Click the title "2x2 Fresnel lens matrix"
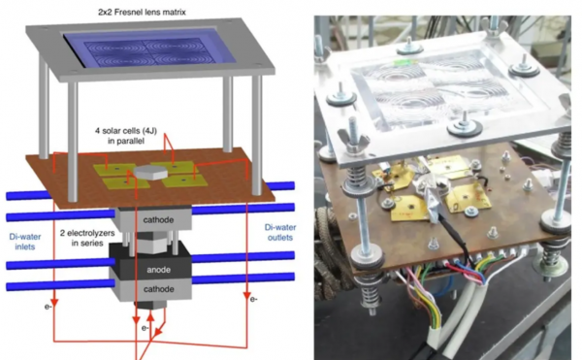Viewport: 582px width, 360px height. pyautogui.click(x=142, y=13)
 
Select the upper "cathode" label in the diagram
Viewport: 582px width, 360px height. pyautogui.click(x=158, y=220)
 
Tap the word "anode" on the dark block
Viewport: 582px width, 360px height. pyautogui.click(x=158, y=270)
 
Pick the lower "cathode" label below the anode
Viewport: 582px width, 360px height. pyautogui.click(x=158, y=289)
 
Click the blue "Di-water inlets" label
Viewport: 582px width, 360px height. pyautogui.click(x=25, y=242)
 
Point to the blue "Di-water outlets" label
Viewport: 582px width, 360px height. pyautogui.click(x=280, y=232)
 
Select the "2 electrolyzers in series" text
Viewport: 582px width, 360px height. pyautogui.click(x=87, y=238)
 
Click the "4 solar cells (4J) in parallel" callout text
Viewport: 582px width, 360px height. pyautogui.click(x=126, y=136)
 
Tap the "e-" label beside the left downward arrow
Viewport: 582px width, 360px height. pyautogui.click(x=48, y=307)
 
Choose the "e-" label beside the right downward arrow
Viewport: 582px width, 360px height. pyautogui.click(x=253, y=299)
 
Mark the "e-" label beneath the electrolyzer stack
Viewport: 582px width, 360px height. pyautogui.click(x=145, y=328)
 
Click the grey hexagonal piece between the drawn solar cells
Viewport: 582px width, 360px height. pyautogui.click(x=147, y=172)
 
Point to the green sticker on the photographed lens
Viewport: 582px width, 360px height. pyautogui.click(x=404, y=62)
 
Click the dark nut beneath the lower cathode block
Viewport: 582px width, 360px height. pyautogui.click(x=149, y=305)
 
